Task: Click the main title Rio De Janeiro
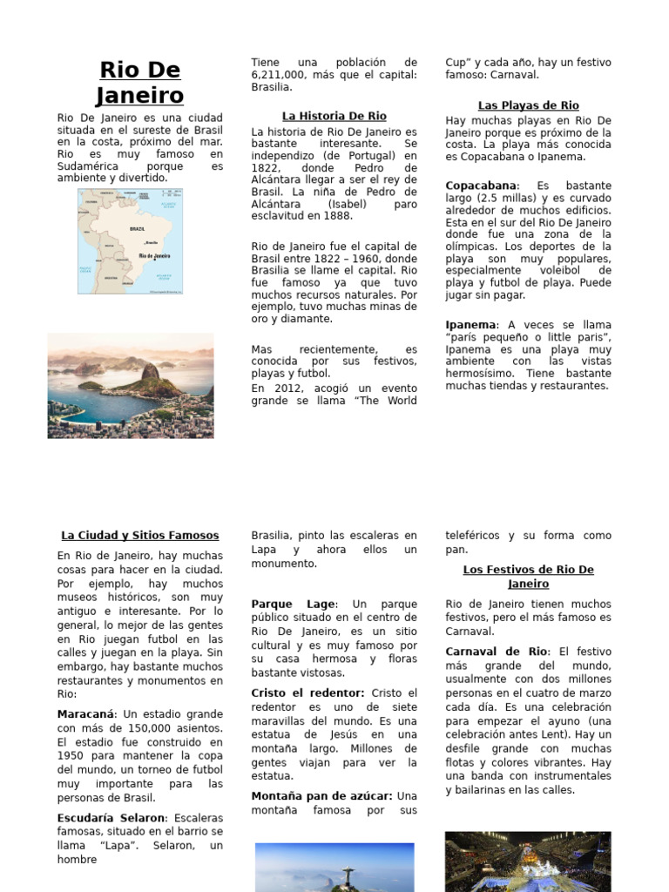[x=139, y=82]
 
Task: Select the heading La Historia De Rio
[x=334, y=116]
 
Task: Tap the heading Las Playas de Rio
[x=528, y=105]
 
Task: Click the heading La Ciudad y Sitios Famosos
[x=140, y=536]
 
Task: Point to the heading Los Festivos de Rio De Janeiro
[x=528, y=577]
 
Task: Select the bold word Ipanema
[x=470, y=325]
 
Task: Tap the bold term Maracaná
[x=85, y=714]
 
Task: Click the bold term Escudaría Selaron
[x=111, y=818]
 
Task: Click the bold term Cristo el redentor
[x=307, y=693]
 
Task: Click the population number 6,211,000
[x=281, y=75]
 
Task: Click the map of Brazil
[x=130, y=241]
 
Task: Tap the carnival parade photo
[x=528, y=861]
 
